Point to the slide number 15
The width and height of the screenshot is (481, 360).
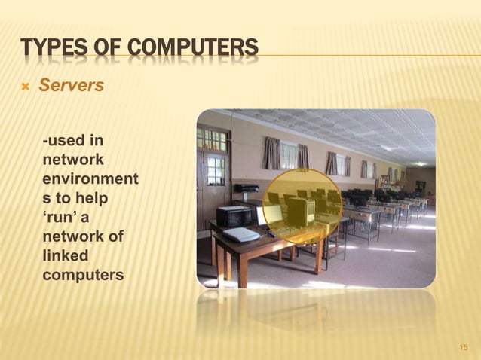pyautogui.click(x=464, y=347)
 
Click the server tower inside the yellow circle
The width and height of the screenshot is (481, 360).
pyautogui.click(x=300, y=212)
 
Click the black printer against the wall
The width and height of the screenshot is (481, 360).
pyautogui.click(x=247, y=188)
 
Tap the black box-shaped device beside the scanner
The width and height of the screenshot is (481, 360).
pyautogui.click(x=233, y=216)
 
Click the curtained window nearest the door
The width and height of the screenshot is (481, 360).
pyautogui.click(x=272, y=154)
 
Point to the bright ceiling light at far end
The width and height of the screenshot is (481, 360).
pyautogui.click(x=419, y=163)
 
